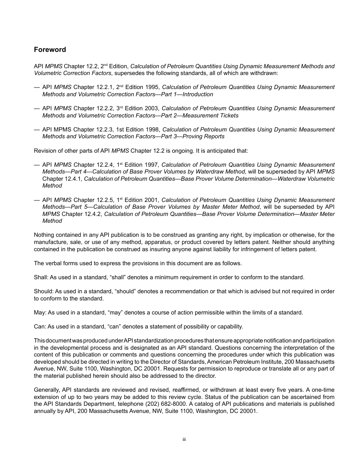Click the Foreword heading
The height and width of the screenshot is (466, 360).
pos(50,50)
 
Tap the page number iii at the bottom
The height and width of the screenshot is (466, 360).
pos(184,439)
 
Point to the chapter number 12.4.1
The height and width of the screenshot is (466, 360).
pos(73,179)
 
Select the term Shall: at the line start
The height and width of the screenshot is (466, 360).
pos(41,277)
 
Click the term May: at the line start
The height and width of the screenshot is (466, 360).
pos(40,313)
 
